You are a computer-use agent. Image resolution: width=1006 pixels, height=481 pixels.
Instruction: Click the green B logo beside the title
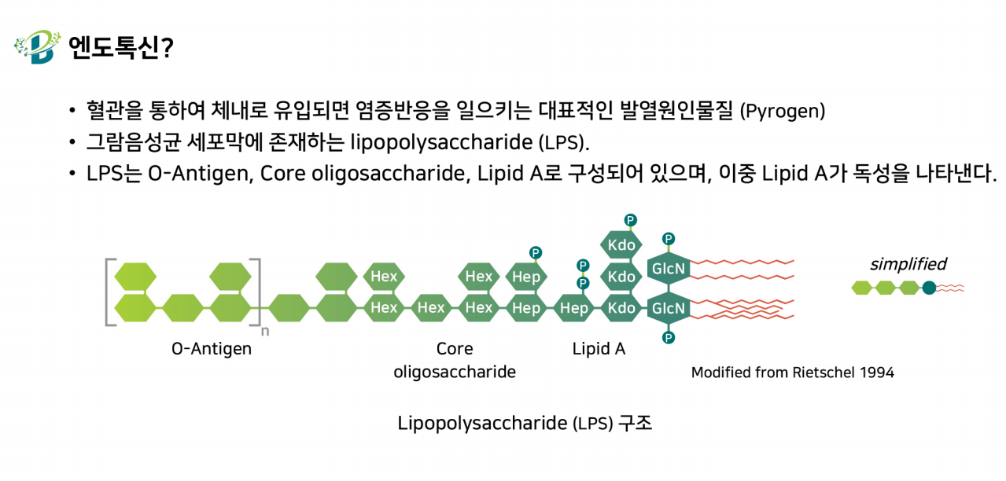point(38,46)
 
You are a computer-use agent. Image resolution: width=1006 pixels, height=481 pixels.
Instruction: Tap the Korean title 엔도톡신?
point(121,47)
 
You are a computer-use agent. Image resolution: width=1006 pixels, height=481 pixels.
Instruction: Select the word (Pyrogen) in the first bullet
point(783,111)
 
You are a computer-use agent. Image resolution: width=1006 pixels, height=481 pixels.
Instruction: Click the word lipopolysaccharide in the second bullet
point(441,143)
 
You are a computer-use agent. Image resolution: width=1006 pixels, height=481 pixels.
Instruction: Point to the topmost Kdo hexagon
point(621,244)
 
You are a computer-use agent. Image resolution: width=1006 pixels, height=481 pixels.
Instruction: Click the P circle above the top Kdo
point(631,220)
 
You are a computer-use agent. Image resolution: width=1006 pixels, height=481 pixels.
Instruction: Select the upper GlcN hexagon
point(669,268)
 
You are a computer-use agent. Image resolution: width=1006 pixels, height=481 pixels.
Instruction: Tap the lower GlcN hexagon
point(669,308)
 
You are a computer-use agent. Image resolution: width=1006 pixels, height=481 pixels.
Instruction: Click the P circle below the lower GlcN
point(669,337)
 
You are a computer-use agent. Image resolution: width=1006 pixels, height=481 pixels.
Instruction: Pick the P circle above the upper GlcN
point(669,239)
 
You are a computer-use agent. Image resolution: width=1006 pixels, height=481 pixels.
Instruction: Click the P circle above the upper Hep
point(536,252)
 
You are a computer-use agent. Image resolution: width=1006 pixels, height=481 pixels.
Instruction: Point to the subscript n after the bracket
point(265,332)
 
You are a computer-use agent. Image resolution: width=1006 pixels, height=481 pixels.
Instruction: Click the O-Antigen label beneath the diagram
point(212,349)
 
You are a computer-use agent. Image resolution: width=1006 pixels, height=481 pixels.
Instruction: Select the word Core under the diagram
point(455,349)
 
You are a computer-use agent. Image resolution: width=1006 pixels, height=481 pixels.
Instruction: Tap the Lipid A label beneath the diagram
point(599,349)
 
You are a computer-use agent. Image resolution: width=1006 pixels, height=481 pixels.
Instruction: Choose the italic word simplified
point(908,264)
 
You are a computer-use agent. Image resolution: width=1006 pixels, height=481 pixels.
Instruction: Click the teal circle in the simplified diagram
point(929,288)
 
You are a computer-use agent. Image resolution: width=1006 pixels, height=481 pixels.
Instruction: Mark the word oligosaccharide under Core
point(455,372)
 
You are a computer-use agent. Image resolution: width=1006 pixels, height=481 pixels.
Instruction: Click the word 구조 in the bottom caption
point(635,423)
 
